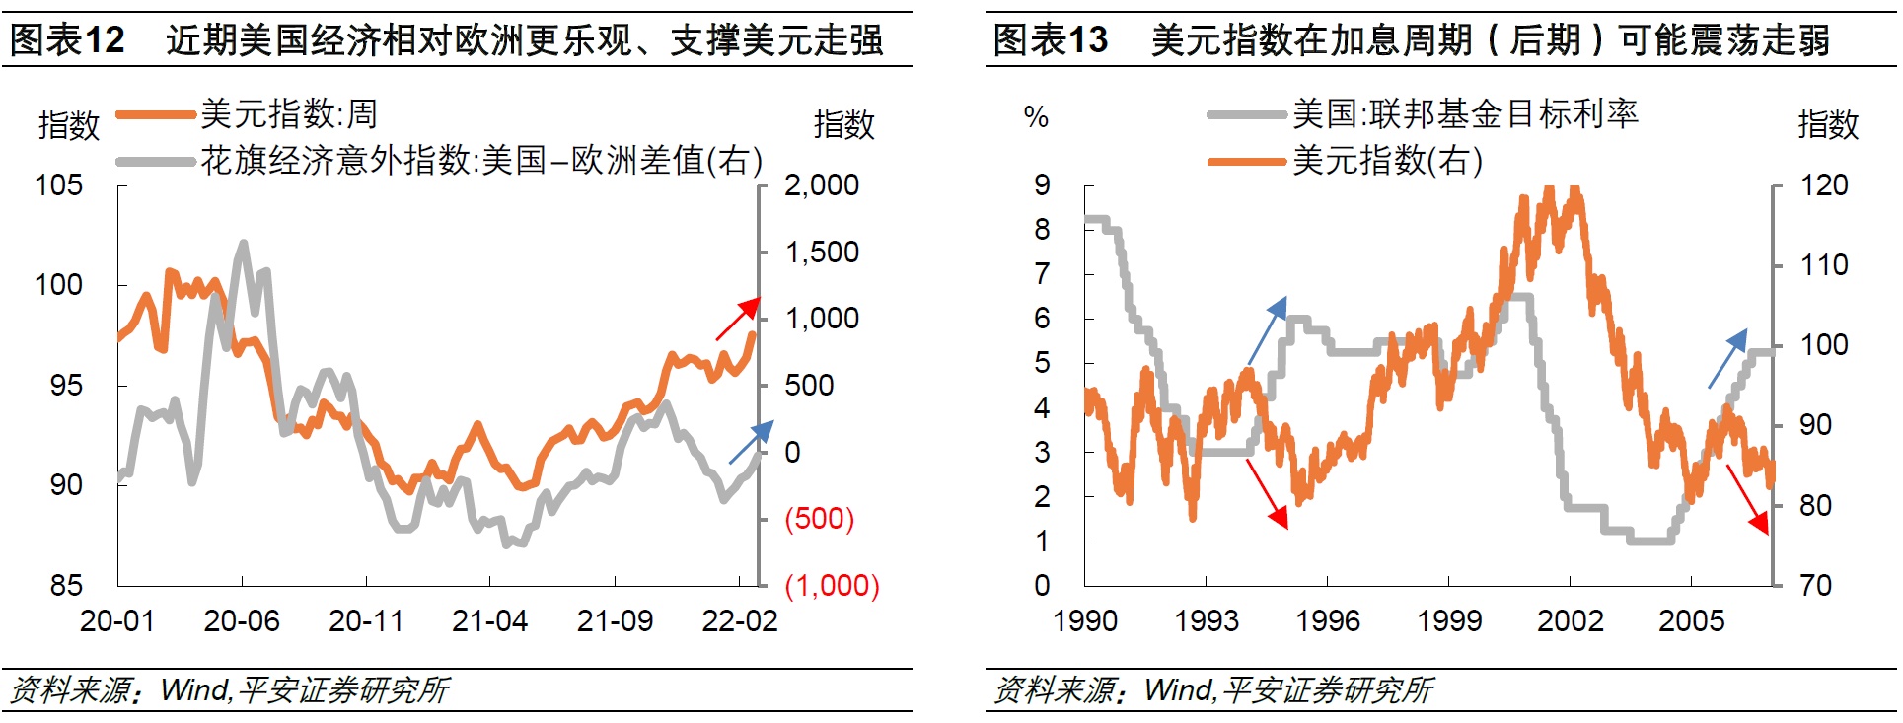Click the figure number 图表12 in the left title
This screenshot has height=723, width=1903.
(x=67, y=40)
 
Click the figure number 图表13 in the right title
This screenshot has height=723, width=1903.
(x=1050, y=40)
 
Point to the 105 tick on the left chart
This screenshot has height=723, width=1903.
(x=59, y=185)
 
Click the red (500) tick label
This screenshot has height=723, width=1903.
(x=819, y=518)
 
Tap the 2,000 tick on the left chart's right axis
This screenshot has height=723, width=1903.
(x=821, y=185)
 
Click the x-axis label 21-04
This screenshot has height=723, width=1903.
(x=489, y=620)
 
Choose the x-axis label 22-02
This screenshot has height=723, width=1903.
(x=739, y=620)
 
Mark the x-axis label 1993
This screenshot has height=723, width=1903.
(x=1206, y=620)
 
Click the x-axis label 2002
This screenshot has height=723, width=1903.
(x=1570, y=620)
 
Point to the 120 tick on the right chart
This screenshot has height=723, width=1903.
(x=1823, y=185)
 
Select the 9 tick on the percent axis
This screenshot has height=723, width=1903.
(x=1042, y=185)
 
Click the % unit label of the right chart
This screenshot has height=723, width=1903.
(x=1036, y=117)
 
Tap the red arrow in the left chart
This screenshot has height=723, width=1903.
(x=738, y=318)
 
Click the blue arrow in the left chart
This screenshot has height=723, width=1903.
(x=751, y=442)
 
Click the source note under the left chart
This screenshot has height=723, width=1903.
(x=229, y=690)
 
